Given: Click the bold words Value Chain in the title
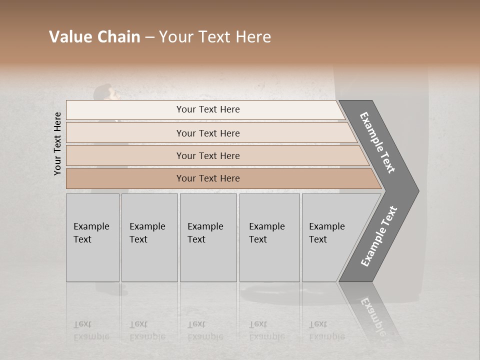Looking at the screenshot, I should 94,37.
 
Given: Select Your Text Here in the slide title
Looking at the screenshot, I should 215,37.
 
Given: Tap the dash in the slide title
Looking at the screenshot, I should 149,37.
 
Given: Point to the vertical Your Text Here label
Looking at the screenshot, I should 57,143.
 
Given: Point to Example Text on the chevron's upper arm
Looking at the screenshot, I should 377,142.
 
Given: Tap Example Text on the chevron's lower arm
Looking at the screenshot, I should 378,236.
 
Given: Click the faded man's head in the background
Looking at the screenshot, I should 103,92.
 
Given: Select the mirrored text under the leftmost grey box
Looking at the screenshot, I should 91,330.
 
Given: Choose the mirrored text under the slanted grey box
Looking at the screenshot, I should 326,330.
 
